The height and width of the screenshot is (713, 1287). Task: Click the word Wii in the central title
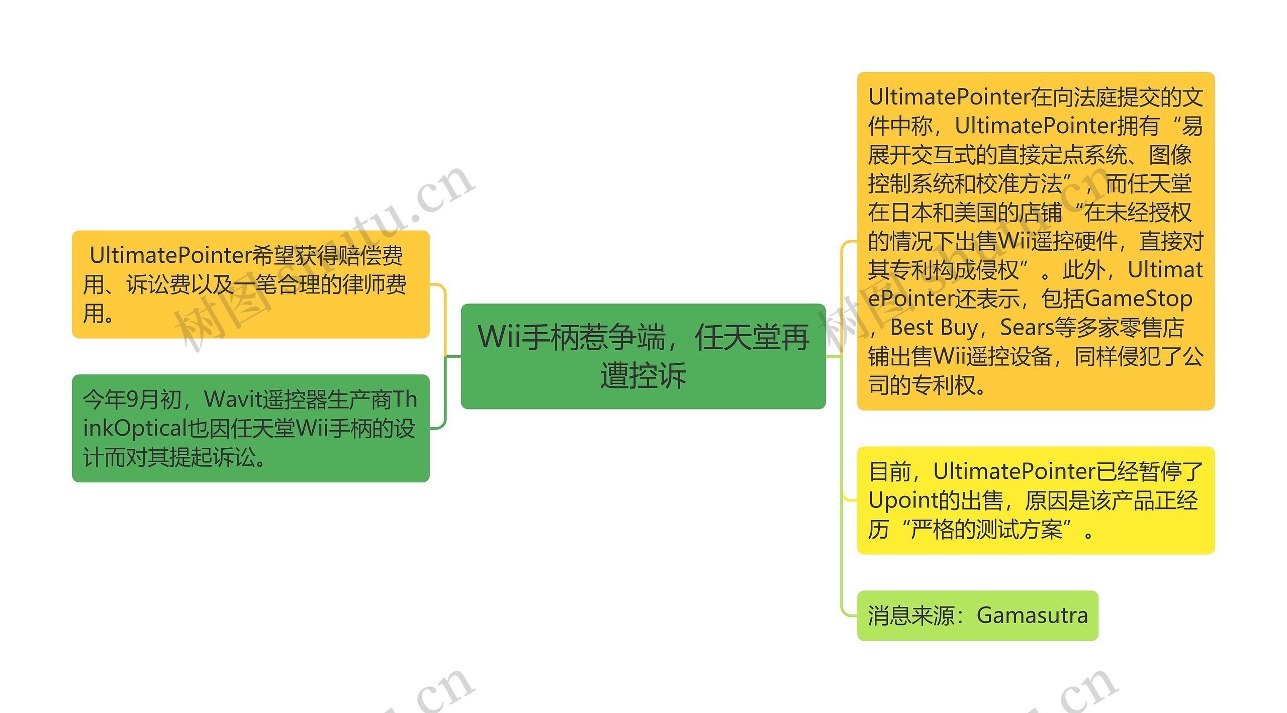(x=500, y=337)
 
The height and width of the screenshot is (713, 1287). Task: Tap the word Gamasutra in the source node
(x=1032, y=616)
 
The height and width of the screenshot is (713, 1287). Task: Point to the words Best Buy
(x=934, y=328)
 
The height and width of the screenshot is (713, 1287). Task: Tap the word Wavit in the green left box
(x=234, y=400)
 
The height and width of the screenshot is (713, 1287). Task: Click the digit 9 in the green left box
(x=132, y=400)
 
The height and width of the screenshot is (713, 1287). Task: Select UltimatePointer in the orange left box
(x=170, y=256)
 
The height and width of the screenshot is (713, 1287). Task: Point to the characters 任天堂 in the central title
(x=752, y=337)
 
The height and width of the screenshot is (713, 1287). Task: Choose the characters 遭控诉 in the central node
(x=643, y=375)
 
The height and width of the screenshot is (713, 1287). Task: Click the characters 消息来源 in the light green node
(x=911, y=616)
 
